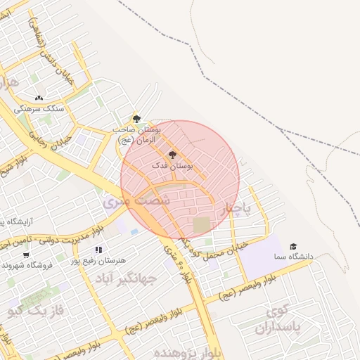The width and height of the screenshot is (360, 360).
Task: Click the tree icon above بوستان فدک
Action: [x=173, y=154]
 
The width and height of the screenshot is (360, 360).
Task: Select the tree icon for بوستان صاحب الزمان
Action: [x=136, y=118]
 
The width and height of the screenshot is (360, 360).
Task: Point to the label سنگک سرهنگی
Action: [x=43, y=109]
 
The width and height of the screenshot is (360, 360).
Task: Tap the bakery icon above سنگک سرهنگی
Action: [x=39, y=98]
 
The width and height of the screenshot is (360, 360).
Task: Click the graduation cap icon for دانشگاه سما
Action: [x=293, y=246]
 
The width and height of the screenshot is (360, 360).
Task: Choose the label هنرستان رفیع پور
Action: [x=98, y=260]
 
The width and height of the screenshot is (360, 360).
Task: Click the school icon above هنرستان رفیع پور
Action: [x=98, y=249]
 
